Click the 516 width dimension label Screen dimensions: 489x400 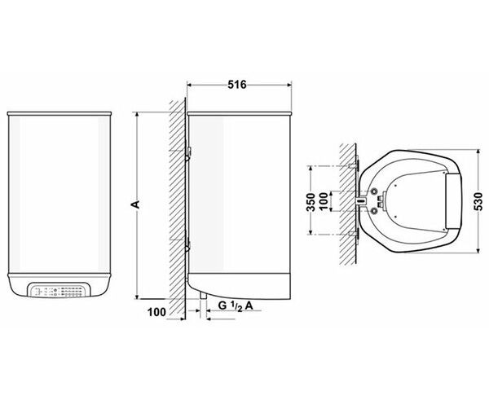[x=237, y=85]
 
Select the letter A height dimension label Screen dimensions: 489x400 [x=135, y=204]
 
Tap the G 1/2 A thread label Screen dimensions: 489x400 [x=236, y=305]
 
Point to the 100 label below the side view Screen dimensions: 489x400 [x=156, y=312]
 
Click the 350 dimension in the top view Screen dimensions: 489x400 [x=311, y=202]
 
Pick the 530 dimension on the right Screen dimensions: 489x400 [x=478, y=201]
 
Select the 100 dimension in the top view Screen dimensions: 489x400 [x=324, y=201]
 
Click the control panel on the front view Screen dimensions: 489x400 [x=59, y=290]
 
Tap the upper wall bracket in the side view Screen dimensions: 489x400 [x=188, y=153]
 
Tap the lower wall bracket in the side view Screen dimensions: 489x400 [x=187, y=243]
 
